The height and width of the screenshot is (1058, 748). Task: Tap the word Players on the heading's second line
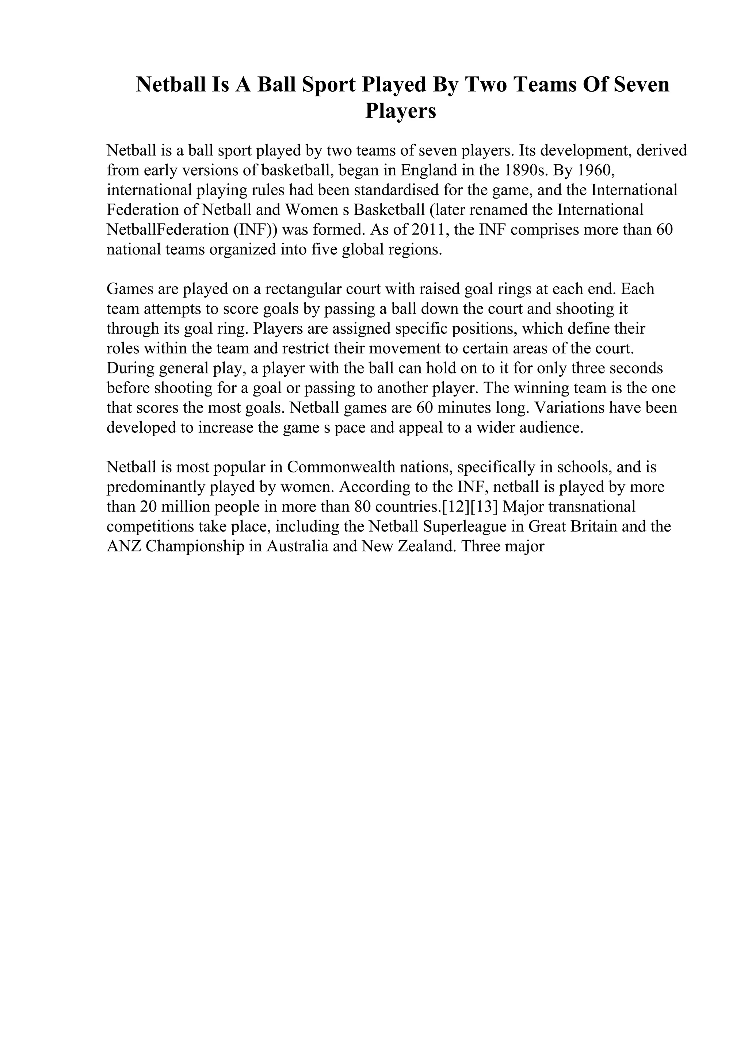point(401,111)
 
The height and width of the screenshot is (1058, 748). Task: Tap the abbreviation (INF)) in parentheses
point(255,230)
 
